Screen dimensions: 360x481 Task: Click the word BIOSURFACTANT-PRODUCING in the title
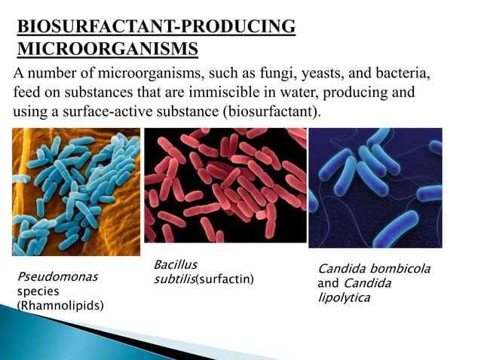point(156,27)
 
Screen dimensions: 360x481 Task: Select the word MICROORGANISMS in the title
point(108,50)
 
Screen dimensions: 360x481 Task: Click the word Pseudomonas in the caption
point(57,276)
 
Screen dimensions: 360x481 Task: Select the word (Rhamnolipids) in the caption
point(60,305)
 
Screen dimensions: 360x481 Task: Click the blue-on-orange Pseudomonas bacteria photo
point(76,191)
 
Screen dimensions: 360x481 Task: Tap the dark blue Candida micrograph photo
point(375,188)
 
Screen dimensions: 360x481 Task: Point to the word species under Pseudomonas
point(33,291)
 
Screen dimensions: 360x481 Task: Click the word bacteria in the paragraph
point(409,76)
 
